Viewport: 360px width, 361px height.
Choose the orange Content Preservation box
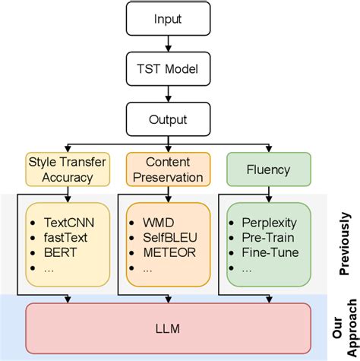165,169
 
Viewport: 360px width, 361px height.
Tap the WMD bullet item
158,224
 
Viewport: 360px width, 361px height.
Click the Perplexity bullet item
270,224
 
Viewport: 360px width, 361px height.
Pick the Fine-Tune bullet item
270,252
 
